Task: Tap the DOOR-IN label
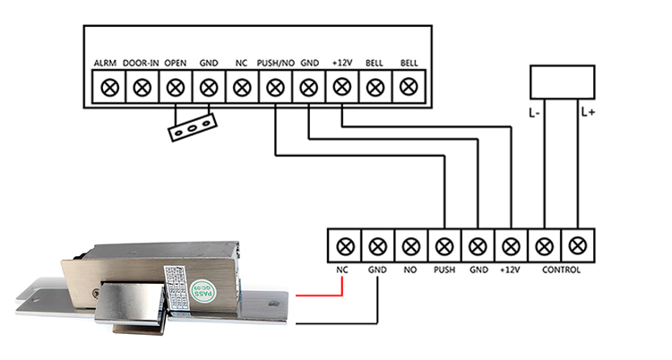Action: pyautogui.click(x=142, y=64)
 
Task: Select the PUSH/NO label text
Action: pyautogui.click(x=274, y=64)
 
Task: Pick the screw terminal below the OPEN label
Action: pyautogui.click(x=176, y=88)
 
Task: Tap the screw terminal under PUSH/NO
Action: pyautogui.click(x=275, y=88)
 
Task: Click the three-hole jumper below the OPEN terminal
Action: pyautogui.click(x=191, y=128)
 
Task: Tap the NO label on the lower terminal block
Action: pyautogui.click(x=410, y=270)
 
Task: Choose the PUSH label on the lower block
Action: pyautogui.click(x=444, y=270)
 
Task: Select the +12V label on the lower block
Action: pyautogui.click(x=510, y=270)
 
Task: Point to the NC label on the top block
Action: pyautogui.click(x=241, y=64)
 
